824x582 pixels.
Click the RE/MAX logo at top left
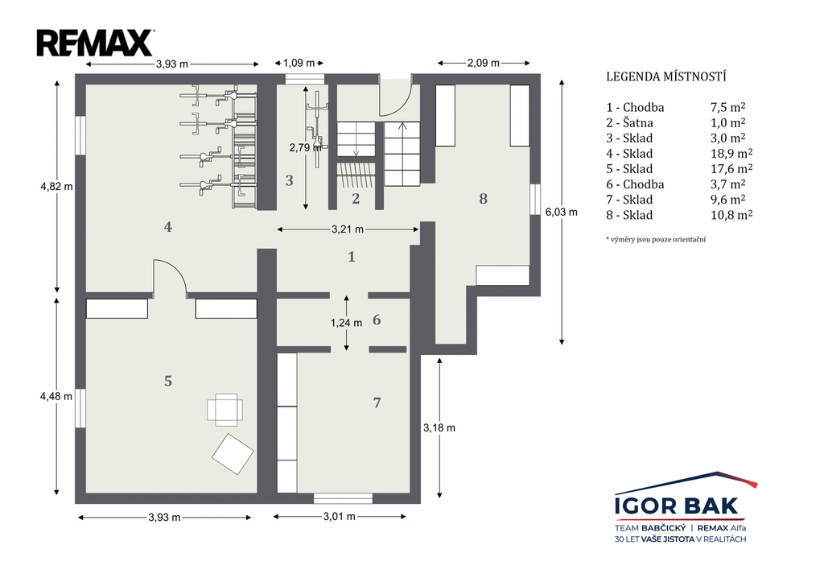[x=95, y=43]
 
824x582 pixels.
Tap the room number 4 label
[x=167, y=227]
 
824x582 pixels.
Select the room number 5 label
[x=167, y=381]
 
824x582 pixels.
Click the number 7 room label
[x=377, y=402]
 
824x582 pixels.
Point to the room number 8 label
[x=483, y=199]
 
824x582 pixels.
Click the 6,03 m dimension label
[x=561, y=212]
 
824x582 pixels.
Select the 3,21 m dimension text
[x=348, y=229]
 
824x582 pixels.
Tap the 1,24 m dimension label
[x=346, y=323]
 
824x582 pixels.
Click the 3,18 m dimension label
[x=439, y=428]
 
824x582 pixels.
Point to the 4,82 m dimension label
[x=57, y=186]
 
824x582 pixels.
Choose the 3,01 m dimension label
[x=340, y=517]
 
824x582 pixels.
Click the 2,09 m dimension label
[x=484, y=63]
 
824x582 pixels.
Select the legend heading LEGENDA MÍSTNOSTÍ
[x=666, y=76]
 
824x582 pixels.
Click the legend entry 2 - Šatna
[x=629, y=123]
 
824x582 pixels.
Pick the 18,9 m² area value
[x=731, y=153]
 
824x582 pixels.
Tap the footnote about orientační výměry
[x=656, y=239]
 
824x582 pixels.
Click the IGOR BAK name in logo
[x=677, y=506]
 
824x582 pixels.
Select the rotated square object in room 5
[x=233, y=454]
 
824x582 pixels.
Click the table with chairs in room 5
[x=225, y=410]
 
